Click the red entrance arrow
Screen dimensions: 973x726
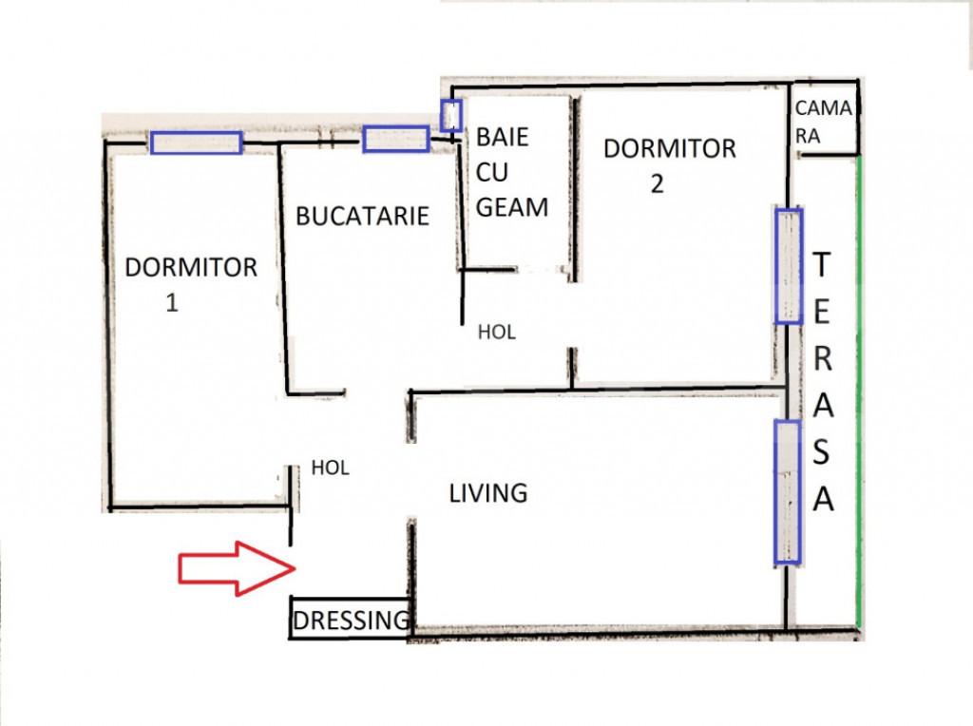(237, 568)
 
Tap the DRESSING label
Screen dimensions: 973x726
(352, 620)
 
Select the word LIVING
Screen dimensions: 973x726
(488, 493)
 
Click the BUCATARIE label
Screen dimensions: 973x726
(362, 216)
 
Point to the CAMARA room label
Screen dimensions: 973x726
(824, 122)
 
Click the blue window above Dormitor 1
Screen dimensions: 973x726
(196, 143)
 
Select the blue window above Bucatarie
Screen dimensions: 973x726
(396, 139)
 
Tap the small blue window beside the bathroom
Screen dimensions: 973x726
(451, 115)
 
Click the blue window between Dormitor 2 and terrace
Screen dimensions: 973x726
(789, 266)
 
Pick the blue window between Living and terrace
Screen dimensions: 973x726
(788, 492)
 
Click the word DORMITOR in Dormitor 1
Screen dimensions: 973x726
(191, 267)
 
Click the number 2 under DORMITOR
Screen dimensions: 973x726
(658, 183)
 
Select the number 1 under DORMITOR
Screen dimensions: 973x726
(172, 303)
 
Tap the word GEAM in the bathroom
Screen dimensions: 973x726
(512, 207)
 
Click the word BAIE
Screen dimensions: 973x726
(502, 137)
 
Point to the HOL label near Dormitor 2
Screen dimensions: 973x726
(497, 333)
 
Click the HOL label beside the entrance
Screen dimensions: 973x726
(330, 468)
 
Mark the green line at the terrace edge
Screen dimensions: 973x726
(858, 391)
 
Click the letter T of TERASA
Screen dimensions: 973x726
(822, 264)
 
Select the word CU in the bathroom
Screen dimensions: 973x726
(492, 172)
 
